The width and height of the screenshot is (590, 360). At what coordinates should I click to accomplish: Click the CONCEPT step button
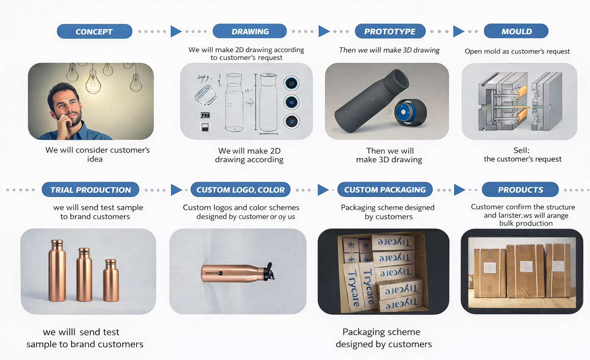tap(94, 31)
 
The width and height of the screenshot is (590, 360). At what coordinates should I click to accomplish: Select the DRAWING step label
tap(250, 31)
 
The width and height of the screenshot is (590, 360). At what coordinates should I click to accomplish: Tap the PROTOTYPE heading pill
tap(390, 31)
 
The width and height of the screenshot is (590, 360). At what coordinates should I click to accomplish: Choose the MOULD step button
tap(516, 31)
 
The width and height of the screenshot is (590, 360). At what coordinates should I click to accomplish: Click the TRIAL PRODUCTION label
tap(91, 190)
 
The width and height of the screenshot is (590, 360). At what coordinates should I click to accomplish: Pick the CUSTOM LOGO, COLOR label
tap(240, 190)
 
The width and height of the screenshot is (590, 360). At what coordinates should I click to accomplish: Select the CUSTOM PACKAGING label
tap(385, 190)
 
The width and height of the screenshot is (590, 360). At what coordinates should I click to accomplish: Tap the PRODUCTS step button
tap(520, 190)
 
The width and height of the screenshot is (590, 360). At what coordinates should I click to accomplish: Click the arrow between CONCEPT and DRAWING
tap(176, 31)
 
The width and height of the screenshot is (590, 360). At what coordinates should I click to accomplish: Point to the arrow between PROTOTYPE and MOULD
tap(458, 31)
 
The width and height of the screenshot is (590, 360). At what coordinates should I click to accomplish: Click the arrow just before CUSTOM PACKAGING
tap(323, 190)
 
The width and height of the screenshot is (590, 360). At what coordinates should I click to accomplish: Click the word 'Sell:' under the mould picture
tap(521, 150)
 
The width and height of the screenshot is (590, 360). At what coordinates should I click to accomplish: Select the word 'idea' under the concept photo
tap(94, 159)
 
